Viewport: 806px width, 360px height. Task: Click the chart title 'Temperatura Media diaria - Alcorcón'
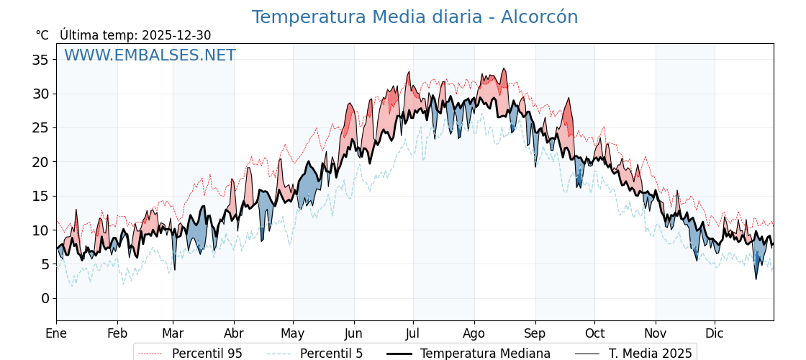point(415,17)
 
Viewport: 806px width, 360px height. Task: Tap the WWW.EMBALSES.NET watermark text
point(150,55)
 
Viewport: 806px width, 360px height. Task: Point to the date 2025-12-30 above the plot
point(176,35)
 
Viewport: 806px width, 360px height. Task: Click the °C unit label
point(42,35)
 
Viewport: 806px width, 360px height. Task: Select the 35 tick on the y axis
point(40,60)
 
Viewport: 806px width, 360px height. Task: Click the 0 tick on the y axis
point(45,299)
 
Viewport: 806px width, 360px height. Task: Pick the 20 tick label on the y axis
point(40,162)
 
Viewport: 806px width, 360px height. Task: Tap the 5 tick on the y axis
point(45,264)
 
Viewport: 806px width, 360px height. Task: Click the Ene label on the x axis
point(56,334)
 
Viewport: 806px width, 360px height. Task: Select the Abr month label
point(234,334)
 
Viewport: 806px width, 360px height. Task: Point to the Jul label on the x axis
point(413,334)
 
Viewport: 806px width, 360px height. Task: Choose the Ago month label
point(474,334)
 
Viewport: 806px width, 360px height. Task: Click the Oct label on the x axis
point(594,334)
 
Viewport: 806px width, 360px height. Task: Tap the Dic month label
point(715,334)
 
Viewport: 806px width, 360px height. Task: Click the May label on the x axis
point(293,334)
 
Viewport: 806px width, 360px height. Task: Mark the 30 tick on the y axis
point(40,94)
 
